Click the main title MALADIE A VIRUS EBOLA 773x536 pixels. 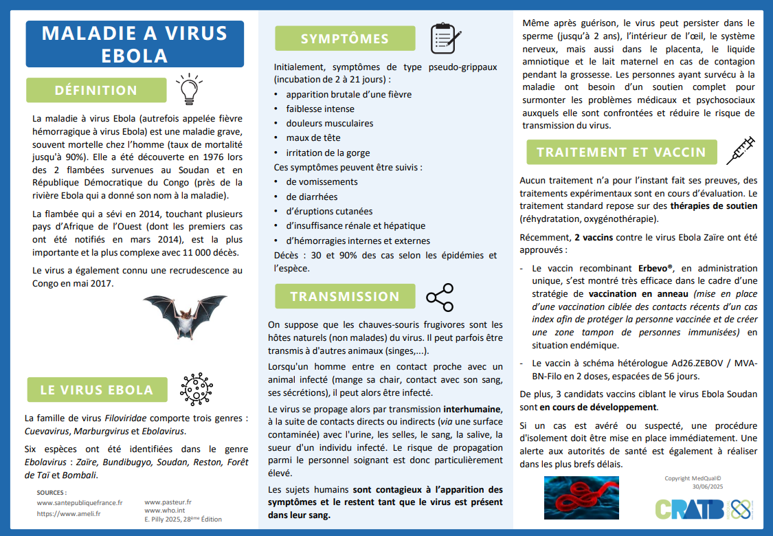[x=135, y=43]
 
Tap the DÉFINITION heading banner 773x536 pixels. [x=96, y=90]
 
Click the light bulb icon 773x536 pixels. [x=187, y=89]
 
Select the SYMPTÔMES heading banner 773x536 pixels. [x=345, y=38]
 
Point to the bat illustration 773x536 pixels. [x=184, y=317]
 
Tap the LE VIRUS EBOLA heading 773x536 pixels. [x=96, y=390]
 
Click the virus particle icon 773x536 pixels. [x=197, y=390]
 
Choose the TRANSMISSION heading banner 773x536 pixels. [x=345, y=296]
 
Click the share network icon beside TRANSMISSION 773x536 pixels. [x=440, y=296]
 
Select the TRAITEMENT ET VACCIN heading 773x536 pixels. [x=621, y=152]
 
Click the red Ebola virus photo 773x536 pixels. [x=581, y=498]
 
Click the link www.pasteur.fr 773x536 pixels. [x=168, y=502]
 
